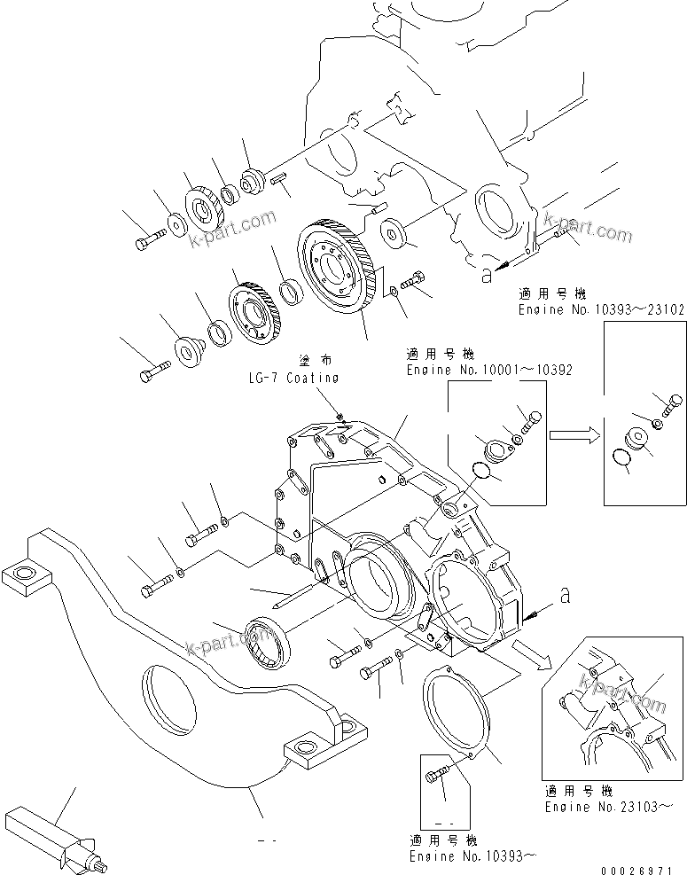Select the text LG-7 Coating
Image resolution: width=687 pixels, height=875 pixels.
tap(293, 378)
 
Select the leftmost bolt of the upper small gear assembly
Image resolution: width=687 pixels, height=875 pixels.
tap(150, 238)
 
